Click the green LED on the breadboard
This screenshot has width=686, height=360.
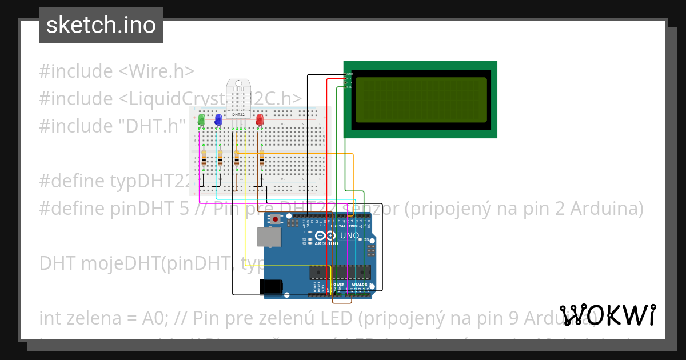[201, 120]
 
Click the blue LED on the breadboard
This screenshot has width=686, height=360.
[218, 120]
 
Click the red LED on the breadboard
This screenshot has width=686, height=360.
[260, 120]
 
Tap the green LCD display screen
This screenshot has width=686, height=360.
[421, 101]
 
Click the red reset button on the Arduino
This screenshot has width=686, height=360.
[277, 219]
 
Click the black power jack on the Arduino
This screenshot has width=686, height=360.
[272, 286]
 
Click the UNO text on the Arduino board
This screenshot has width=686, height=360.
[349, 235]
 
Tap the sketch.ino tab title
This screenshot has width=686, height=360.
[101, 25]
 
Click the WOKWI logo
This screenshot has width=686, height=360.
[607, 315]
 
